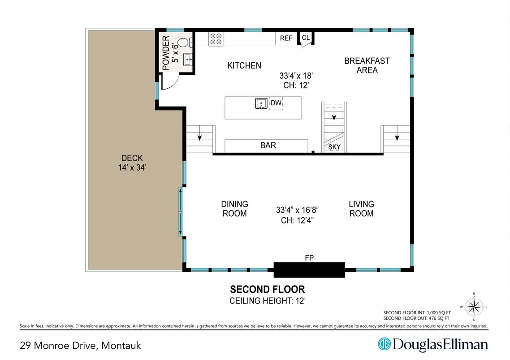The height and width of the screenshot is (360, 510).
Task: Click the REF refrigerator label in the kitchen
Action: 286,39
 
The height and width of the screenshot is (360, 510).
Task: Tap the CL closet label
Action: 305,38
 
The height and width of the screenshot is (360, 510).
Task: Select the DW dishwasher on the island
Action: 276,103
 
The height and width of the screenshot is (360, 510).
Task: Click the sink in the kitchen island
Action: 261,104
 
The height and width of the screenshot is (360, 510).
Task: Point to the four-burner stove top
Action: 216,39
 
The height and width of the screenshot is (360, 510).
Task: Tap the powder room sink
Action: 188,58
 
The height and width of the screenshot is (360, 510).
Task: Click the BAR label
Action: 268,146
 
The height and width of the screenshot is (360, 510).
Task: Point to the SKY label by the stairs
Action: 334,147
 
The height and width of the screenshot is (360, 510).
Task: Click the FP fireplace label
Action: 309,257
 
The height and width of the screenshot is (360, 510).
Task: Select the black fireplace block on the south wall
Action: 309,270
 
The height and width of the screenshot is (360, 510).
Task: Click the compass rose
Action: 474,307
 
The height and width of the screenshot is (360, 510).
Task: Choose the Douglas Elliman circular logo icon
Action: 384,344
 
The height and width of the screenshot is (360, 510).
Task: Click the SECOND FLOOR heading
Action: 267,289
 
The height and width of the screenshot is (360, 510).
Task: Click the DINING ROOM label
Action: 235,209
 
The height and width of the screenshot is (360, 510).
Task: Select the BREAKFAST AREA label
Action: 367,65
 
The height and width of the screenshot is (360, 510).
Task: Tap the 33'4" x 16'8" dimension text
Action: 297,209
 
